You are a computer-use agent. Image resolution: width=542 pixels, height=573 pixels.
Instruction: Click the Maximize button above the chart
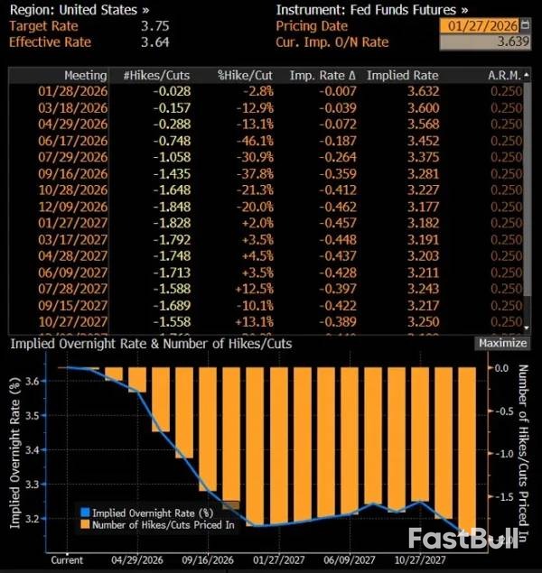[x=501, y=343]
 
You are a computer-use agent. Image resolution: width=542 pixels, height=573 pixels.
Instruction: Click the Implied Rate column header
[x=403, y=75]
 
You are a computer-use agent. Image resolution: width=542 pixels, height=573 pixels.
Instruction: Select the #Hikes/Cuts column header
[x=156, y=75]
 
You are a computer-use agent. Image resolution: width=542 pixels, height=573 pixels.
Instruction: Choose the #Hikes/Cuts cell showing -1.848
[x=170, y=206]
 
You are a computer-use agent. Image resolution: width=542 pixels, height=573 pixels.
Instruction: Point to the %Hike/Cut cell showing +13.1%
[x=255, y=320]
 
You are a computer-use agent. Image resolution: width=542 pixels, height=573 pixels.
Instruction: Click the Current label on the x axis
[x=67, y=559]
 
